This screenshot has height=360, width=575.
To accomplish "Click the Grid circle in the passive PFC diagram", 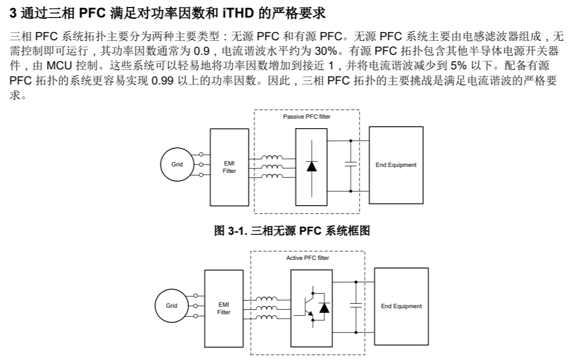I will point(177,164).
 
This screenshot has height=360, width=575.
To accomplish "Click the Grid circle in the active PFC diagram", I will point(172,306).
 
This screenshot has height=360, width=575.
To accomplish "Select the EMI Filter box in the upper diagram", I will point(229,166).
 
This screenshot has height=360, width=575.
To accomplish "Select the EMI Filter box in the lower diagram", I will point(224,308).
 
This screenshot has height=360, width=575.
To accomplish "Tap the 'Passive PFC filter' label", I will point(307,117).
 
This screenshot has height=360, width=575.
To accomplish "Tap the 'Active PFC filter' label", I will point(308,258).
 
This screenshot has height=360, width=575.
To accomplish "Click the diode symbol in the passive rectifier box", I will point(312,166).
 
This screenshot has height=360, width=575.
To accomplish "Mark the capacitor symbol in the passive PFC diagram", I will point(350,164).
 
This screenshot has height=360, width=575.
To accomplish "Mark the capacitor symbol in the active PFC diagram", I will point(356,305).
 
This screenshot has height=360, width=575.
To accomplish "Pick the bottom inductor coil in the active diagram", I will point(266,317).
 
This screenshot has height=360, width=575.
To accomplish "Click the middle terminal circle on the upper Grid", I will point(202,164).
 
